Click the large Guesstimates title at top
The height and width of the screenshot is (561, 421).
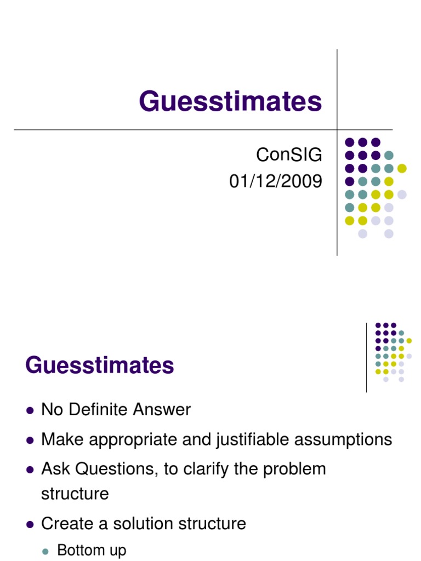(230, 102)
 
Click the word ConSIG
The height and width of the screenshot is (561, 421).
(289, 156)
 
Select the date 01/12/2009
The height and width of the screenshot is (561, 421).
(276, 181)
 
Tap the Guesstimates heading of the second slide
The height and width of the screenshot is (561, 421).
(100, 365)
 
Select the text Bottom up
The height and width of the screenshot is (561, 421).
(92, 550)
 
